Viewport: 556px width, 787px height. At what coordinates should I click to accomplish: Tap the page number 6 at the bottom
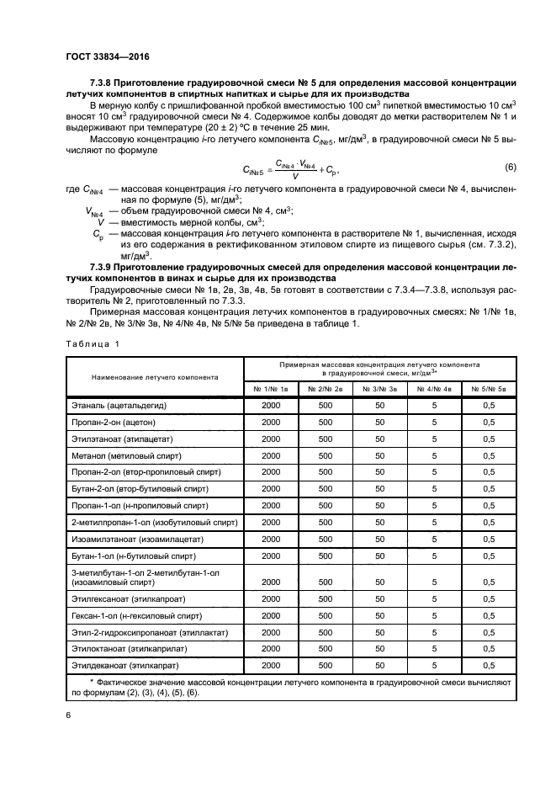68,715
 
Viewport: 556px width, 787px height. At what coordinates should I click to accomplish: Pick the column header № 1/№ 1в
271,387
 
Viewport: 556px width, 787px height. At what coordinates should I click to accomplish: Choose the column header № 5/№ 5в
488,387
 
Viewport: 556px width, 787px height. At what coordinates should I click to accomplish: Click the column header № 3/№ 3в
379,387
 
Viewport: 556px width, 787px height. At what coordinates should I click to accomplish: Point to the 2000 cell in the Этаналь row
271,406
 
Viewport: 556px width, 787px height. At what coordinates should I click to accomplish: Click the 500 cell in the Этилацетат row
326,439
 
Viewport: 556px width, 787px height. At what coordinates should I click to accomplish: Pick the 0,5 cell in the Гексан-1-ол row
488,615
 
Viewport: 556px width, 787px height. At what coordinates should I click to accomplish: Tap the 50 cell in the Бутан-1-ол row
379,556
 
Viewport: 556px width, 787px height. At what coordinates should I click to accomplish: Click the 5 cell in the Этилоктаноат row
434,648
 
